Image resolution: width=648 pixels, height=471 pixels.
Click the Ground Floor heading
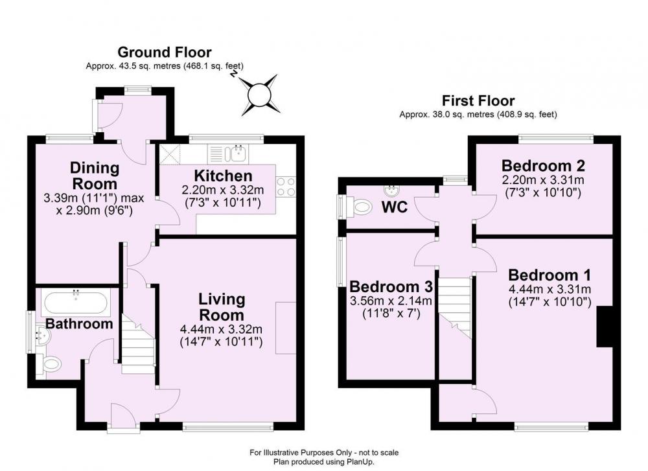pos(165,52)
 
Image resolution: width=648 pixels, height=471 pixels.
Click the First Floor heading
pos(478,101)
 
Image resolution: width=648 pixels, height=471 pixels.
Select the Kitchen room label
pos(223,176)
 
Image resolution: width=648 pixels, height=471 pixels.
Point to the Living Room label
pos(222,307)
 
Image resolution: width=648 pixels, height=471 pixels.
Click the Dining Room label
pos(95,176)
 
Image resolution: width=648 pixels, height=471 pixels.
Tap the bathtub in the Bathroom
pos(76,303)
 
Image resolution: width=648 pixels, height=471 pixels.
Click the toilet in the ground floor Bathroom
pos(52,365)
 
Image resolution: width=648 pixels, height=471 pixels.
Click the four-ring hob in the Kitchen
pos(286,187)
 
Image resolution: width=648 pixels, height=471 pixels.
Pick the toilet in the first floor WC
pos(361,206)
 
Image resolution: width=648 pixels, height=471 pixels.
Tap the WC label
pos(394,207)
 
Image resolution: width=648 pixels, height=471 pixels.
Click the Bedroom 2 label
pos(543,166)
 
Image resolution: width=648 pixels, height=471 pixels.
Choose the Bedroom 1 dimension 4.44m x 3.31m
pos(550,289)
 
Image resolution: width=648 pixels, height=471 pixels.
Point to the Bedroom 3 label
pos(391,286)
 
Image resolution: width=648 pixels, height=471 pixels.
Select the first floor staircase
pos(455,308)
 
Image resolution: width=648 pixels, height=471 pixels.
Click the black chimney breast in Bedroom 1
pos(604,327)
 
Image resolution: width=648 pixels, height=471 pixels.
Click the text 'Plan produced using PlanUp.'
pos(323,462)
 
